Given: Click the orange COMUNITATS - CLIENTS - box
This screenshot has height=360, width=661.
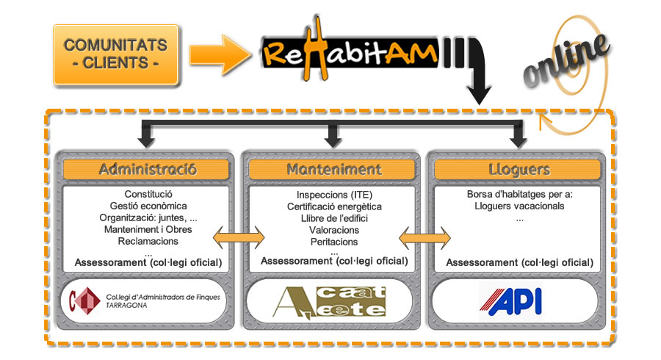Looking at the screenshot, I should [115, 54].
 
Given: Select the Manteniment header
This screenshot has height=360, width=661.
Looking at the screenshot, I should [334, 169].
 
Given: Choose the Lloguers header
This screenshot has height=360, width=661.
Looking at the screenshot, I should [519, 169].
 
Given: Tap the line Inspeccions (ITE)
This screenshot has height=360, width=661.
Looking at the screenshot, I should [334, 195].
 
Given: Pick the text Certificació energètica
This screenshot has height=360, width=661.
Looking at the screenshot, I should [334, 206].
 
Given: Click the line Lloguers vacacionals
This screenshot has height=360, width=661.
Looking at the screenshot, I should [519, 206].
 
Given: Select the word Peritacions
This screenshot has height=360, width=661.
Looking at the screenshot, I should [334, 241].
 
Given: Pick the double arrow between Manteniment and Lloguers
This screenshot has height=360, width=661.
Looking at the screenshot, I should [425, 237].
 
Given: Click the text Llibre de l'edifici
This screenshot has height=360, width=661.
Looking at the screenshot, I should [334, 218].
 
